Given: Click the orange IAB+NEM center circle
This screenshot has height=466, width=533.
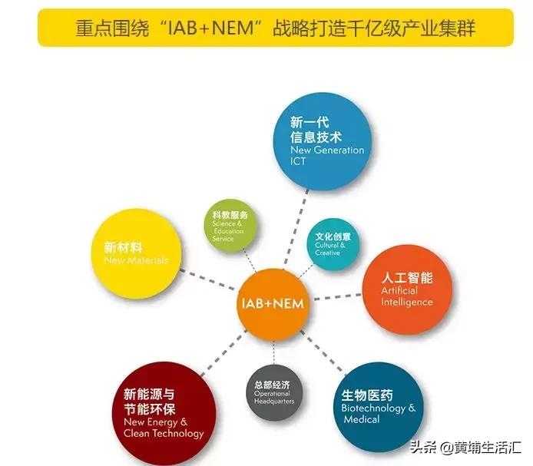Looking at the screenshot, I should [x=272, y=301].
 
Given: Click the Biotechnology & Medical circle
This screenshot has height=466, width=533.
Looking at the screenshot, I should [x=378, y=406].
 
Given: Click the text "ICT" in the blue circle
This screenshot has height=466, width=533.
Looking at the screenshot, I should [x=300, y=162].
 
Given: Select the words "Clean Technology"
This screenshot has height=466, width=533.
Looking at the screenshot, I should [x=163, y=433].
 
